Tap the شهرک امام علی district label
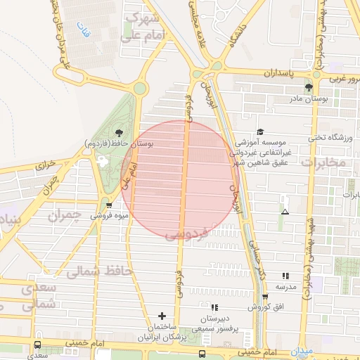(x=148, y=27)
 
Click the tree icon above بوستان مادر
(x=308, y=87)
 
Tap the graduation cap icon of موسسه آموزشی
(x=260, y=131)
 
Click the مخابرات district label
(x=323, y=163)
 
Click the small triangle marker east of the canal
(x=285, y=211)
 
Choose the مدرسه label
(x=285, y=287)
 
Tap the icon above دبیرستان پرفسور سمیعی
(x=214, y=307)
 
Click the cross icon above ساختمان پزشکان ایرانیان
(x=162, y=316)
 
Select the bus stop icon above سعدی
(x=37, y=345)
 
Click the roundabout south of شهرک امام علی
(x=139, y=88)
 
